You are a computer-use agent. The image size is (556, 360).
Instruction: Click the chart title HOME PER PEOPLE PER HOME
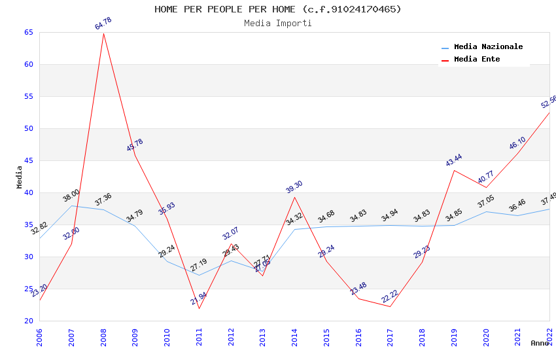pyautogui.click(x=278, y=9)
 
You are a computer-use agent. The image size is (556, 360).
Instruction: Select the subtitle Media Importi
pyautogui.click(x=278, y=23)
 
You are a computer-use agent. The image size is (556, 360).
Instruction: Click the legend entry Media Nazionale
pyautogui.click(x=488, y=47)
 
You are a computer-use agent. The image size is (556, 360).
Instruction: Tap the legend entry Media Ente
pyautogui.click(x=477, y=59)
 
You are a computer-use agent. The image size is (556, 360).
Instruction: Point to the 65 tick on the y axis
pyautogui.click(x=27, y=33)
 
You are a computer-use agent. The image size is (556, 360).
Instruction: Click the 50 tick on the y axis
pyautogui.click(x=27, y=129)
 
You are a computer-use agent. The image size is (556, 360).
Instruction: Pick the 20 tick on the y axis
pyautogui.click(x=27, y=321)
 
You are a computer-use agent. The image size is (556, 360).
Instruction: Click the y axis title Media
pyautogui.click(x=19, y=177)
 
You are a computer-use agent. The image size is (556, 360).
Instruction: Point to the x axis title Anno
pyautogui.click(x=540, y=343)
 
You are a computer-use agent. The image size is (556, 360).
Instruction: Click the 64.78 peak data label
pyautogui.click(x=103, y=24)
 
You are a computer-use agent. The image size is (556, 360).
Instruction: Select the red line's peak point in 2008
pyautogui.click(x=103, y=33)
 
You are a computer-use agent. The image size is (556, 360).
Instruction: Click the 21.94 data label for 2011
pyautogui.click(x=199, y=298)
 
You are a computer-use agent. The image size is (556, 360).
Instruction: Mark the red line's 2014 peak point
pyautogui.click(x=295, y=197)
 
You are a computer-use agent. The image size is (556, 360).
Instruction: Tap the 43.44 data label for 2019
pyautogui.click(x=454, y=160)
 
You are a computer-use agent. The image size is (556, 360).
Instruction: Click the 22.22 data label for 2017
pyautogui.click(x=390, y=297)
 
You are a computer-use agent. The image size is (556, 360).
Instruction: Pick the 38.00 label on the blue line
pyautogui.click(x=71, y=195)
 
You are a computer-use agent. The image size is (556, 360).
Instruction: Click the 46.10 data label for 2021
pyautogui.click(x=517, y=143)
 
